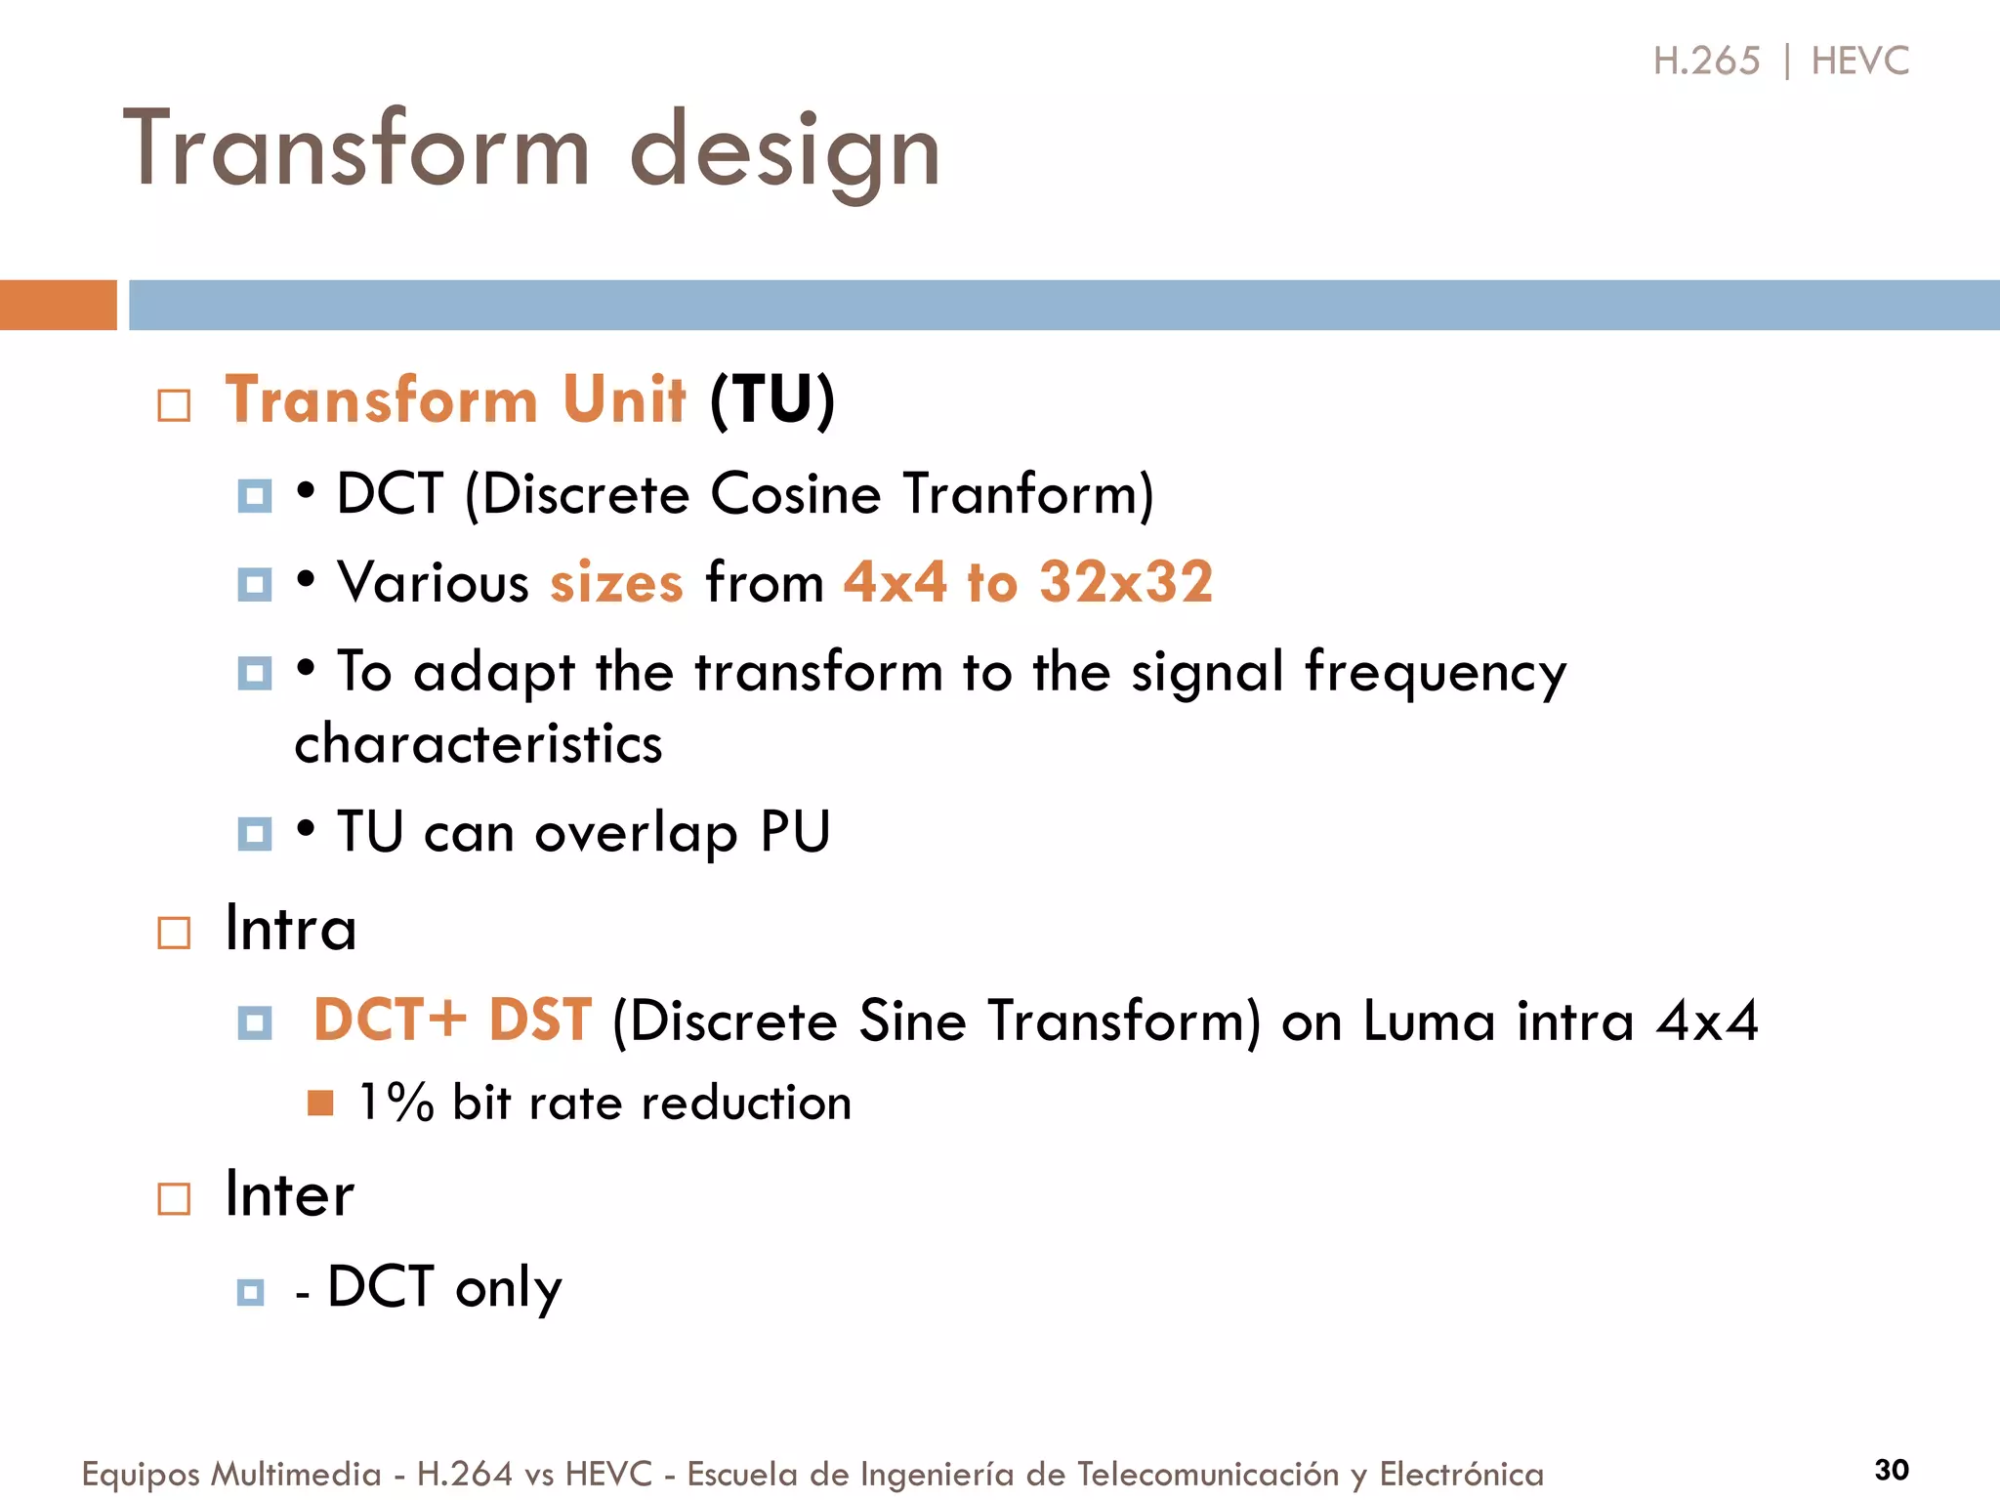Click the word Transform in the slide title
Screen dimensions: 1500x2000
pyautogui.click(x=357, y=148)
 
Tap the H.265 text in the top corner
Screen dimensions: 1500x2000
pyautogui.click(x=1706, y=61)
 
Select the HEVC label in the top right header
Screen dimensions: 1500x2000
pyautogui.click(x=1859, y=61)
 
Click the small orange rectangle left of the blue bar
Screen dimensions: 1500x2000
pyautogui.click(x=58, y=305)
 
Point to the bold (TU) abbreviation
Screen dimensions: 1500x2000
pyautogui.click(x=772, y=399)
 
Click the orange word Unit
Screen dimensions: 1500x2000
pyautogui.click(x=624, y=399)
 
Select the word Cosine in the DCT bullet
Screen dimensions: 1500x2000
pyautogui.click(x=795, y=493)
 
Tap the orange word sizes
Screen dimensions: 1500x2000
pyautogui.click(x=616, y=583)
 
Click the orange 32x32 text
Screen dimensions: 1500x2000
pyautogui.click(x=1125, y=582)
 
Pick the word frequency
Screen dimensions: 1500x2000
pyautogui.click(x=1436, y=674)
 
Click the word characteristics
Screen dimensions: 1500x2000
pyautogui.click(x=479, y=744)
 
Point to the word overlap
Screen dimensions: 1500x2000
pyautogui.click(x=636, y=834)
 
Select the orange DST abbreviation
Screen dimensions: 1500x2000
pyautogui.click(x=540, y=1021)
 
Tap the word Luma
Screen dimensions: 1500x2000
pyautogui.click(x=1429, y=1021)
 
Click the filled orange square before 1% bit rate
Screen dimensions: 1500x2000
pyautogui.click(x=320, y=1103)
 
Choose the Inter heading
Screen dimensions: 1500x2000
pyautogui.click(x=289, y=1194)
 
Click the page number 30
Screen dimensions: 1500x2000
pyautogui.click(x=1891, y=1469)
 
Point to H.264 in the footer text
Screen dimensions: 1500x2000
pyautogui.click(x=464, y=1473)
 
